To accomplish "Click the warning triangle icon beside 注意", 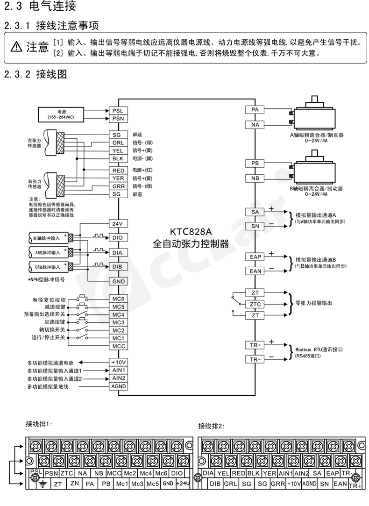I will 16,47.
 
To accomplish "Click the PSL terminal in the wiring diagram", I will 118,110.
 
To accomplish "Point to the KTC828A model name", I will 191,232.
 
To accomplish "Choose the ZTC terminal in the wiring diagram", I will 255,304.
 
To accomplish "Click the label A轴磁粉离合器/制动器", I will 316,135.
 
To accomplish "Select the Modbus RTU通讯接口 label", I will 319,349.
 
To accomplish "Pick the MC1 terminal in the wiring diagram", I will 118,338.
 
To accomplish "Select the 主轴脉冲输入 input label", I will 47,238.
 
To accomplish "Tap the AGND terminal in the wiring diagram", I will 118,386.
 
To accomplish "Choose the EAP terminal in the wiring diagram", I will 255,257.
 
